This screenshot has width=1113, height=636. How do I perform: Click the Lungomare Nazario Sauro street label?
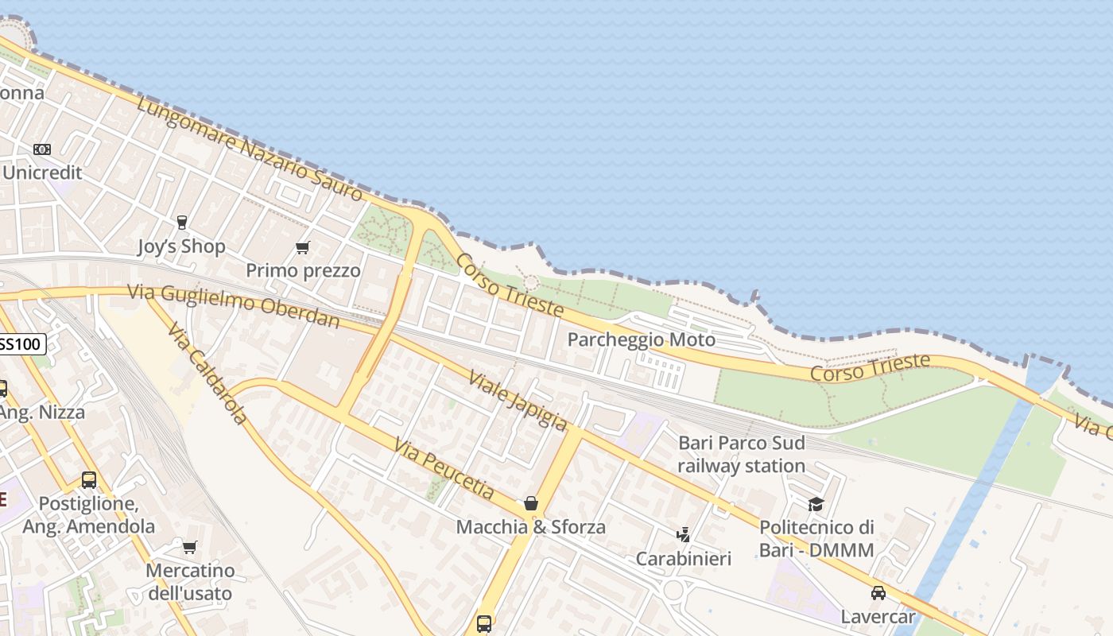[250, 149]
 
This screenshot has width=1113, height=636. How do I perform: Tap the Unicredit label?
[43, 173]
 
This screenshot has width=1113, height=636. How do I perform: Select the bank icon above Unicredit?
[42, 149]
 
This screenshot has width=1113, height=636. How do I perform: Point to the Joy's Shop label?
[181, 246]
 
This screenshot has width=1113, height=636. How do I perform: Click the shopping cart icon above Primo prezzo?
[302, 248]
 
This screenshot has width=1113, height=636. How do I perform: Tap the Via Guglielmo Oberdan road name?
[234, 306]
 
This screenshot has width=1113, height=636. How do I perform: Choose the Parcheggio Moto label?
[641, 340]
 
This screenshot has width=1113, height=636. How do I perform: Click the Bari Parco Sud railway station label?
[741, 454]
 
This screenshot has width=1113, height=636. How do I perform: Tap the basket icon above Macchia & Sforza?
[530, 503]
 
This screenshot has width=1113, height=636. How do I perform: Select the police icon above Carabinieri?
[683, 534]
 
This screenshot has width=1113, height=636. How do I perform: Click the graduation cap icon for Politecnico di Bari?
[816, 504]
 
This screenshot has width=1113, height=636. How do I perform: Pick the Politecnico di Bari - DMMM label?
[816, 538]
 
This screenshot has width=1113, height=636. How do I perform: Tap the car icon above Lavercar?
[878, 593]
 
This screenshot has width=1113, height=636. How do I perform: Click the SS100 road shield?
[21, 344]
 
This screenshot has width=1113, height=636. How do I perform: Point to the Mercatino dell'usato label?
[190, 582]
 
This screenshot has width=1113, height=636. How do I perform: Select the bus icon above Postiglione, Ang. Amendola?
[89, 480]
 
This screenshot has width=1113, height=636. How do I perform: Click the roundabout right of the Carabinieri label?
[673, 590]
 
